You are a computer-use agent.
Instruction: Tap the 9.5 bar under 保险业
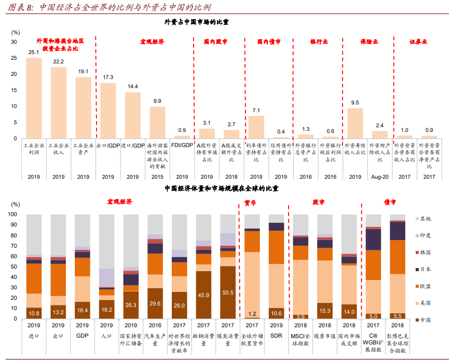pos(355,123)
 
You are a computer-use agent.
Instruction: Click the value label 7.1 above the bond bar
pos(256,111)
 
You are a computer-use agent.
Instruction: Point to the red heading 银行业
pos(319,41)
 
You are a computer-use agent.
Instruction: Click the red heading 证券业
pos(418,41)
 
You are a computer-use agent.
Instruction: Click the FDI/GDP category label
pos(182,145)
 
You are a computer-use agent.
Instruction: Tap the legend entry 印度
pos(426,235)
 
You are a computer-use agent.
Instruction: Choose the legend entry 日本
pos(426,269)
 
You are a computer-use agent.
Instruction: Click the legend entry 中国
pos(426,319)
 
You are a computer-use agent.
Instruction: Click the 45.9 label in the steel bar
pos(203,295)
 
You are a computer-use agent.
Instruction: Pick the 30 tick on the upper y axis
pos(14,42)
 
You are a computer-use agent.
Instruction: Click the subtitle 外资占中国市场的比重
pos(196,22)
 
